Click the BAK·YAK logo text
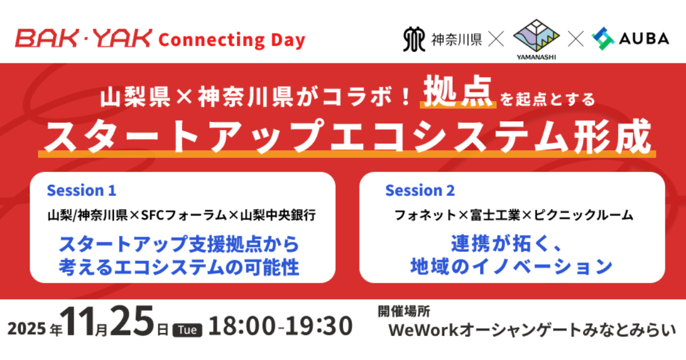point(83,39)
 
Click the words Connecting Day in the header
point(231,40)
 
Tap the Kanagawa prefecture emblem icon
point(414,39)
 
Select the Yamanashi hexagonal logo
point(536,36)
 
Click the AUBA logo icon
point(603,39)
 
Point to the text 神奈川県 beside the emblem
point(456,39)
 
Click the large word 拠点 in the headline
point(458,93)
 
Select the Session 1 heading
point(81,190)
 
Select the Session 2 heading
point(420,190)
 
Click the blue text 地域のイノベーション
point(512,266)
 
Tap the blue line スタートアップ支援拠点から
point(180,245)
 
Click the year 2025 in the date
point(27,330)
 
